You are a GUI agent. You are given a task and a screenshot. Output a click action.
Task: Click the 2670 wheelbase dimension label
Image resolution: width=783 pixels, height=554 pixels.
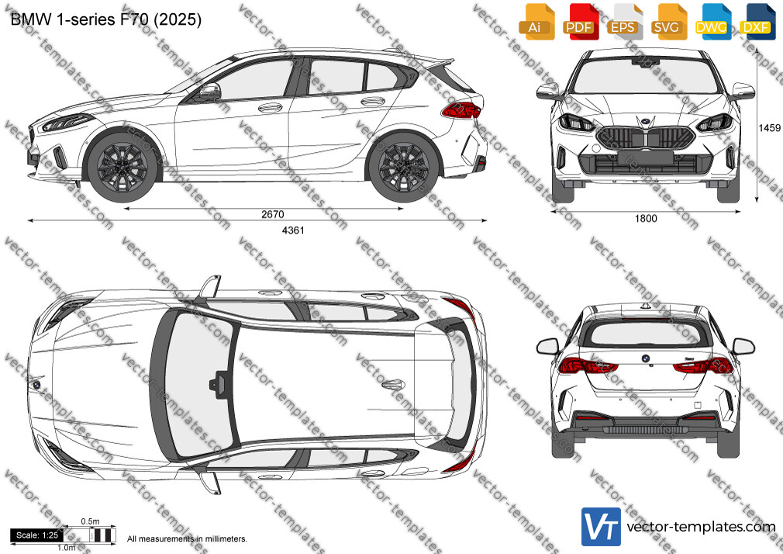273,214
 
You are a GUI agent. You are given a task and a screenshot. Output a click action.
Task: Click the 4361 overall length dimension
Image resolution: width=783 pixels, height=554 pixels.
293,230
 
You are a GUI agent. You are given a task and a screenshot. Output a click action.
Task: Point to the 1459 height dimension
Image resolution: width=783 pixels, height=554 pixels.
769,127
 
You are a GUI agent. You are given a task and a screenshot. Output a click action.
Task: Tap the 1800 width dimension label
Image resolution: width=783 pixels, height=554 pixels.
646,218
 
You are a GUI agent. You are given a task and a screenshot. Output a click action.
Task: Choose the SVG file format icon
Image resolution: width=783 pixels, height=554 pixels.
668,22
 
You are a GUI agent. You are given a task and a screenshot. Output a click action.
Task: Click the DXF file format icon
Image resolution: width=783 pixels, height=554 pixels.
757,22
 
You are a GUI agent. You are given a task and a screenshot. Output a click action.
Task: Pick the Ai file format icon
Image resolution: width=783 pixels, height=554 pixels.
536,22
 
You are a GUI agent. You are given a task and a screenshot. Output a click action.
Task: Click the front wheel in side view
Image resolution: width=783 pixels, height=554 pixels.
122,165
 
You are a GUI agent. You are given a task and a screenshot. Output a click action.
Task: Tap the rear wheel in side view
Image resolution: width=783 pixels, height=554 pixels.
403,165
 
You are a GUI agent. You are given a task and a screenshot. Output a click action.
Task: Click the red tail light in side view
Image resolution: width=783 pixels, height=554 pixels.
461,110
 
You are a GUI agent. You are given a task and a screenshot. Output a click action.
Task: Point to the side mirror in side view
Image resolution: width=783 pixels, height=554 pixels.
210,92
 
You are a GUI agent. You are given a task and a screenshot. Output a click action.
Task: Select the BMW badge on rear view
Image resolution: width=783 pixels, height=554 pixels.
645,358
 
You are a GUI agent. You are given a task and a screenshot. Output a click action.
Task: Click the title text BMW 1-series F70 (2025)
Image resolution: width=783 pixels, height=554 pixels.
106,19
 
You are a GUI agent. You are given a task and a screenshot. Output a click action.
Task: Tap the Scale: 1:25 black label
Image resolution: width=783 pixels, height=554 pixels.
37,535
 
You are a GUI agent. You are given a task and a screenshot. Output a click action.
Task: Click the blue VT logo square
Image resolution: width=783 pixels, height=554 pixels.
602,527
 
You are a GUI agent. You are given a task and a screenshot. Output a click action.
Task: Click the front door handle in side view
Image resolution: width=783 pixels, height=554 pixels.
270,108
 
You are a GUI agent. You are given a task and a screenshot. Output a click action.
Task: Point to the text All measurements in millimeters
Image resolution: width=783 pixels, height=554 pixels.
187,539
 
